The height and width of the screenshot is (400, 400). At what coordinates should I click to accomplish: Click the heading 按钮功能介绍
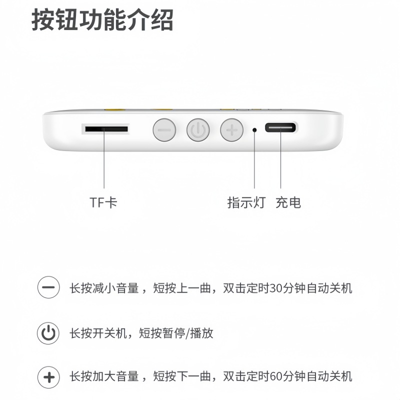click(x=102, y=20)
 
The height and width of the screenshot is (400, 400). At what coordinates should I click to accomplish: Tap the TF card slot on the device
click(x=106, y=129)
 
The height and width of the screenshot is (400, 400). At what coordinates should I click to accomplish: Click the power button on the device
click(x=198, y=130)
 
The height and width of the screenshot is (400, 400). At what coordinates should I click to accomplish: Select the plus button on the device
click(x=232, y=130)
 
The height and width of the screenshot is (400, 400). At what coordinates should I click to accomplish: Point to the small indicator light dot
click(x=254, y=130)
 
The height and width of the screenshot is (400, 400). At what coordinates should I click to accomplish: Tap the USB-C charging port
click(x=280, y=127)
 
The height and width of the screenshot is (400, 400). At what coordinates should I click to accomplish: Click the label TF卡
click(x=103, y=202)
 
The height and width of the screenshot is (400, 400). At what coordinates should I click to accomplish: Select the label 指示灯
click(x=246, y=202)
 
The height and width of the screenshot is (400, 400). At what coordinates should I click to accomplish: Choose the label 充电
click(x=288, y=202)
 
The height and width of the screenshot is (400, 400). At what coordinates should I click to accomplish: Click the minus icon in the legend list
click(x=48, y=287)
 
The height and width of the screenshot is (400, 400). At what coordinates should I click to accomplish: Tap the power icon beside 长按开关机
click(x=48, y=333)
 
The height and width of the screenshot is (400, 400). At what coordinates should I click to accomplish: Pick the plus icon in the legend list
click(x=48, y=377)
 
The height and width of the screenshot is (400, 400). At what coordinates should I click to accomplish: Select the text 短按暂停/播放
click(x=176, y=333)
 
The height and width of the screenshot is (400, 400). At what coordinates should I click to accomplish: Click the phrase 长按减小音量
click(x=104, y=288)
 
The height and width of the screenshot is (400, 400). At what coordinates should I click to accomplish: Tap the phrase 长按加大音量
click(x=104, y=376)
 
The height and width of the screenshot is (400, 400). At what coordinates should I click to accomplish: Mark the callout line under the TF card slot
click(x=104, y=158)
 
